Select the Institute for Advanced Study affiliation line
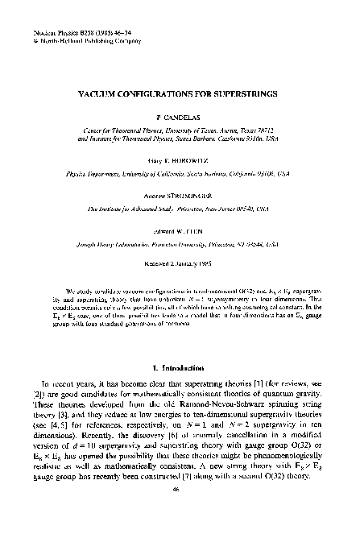point(179,207)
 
